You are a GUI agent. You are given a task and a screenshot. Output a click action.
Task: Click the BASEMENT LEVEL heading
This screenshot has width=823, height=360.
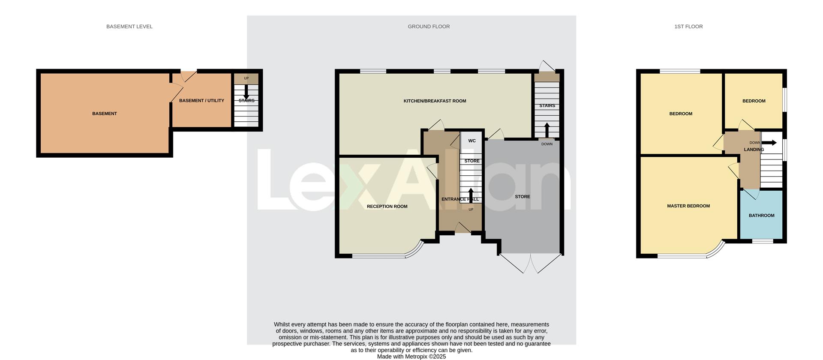click(129, 27)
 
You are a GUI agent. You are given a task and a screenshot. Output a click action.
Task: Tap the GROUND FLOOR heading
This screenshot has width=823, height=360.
click(429, 27)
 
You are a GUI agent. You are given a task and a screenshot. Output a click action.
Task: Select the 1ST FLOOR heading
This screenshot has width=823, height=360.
click(688, 27)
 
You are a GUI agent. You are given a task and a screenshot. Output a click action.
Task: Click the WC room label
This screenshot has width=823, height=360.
click(472, 141)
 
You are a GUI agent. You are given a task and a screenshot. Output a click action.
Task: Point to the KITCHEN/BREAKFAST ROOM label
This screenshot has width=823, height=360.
click(435, 101)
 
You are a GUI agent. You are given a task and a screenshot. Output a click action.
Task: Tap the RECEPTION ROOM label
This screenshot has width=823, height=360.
click(387, 207)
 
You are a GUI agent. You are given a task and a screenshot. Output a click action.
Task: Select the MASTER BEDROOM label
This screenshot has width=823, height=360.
click(688, 206)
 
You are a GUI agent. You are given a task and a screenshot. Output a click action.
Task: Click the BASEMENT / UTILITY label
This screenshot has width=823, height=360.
click(201, 101)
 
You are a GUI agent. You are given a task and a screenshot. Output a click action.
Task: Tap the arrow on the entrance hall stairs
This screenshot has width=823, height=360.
click(471, 194)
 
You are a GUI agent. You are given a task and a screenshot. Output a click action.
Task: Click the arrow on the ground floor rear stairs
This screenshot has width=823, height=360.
click(547, 129)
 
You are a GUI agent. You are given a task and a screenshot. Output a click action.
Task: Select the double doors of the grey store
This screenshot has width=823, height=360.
click(530, 263)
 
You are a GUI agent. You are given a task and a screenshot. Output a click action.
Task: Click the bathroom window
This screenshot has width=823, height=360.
click(763, 241)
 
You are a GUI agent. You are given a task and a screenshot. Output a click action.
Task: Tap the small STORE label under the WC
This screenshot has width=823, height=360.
click(472, 161)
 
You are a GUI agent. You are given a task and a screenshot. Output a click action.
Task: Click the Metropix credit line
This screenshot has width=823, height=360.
click(411, 357)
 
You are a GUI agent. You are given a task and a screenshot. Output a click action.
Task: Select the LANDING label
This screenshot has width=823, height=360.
click(754, 150)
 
